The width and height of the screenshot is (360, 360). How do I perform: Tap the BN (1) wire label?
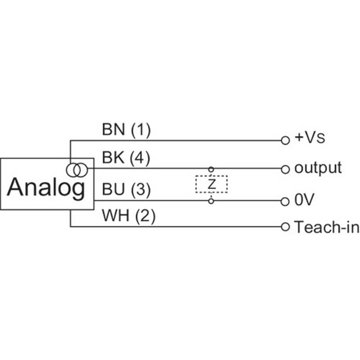pyautogui.click(x=126, y=130)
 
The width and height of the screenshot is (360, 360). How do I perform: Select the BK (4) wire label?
pyautogui.click(x=126, y=158)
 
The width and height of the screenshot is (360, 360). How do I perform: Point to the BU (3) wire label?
pyautogui.click(x=126, y=189)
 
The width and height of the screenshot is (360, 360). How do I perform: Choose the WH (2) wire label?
pyautogui.click(x=129, y=216)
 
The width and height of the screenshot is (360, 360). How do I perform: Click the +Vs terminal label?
pyautogui.click(x=310, y=138)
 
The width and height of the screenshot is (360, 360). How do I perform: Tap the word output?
pyautogui.click(x=318, y=168)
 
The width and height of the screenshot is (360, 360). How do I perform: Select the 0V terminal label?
pyautogui.click(x=304, y=199)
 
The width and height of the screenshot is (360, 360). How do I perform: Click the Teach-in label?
pyautogui.click(x=327, y=227)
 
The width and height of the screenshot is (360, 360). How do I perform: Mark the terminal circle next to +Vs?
pyautogui.click(x=285, y=140)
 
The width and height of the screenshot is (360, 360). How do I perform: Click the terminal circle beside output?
pyautogui.click(x=285, y=170)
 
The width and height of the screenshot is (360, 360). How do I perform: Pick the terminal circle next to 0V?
pyautogui.click(x=285, y=202)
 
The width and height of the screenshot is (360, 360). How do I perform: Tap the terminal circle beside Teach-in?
pyautogui.click(x=285, y=227)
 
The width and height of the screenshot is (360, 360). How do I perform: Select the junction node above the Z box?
pyautogui.click(x=211, y=170)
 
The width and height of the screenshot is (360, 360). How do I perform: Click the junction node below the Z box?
pyautogui.click(x=211, y=201)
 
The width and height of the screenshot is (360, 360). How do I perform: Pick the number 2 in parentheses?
pyautogui.click(x=145, y=216)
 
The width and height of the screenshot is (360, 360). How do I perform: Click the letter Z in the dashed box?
pyautogui.click(x=211, y=184)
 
